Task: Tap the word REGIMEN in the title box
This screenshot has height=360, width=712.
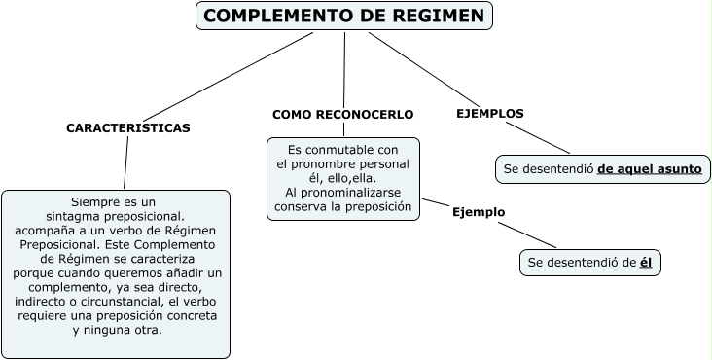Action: pos(428,16)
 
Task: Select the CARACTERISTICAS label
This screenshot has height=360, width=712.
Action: pos(127,127)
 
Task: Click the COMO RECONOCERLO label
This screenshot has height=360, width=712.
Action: pos(342,114)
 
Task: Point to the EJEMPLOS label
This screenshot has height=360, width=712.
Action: pos(489,113)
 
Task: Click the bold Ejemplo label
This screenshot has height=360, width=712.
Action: pos(479,212)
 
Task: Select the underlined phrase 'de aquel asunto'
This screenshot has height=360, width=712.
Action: pos(649,168)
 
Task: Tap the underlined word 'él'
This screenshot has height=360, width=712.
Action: pos(645,263)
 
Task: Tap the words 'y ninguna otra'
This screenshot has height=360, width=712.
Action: pos(117,330)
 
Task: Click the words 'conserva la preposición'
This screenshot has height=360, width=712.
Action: pos(343,206)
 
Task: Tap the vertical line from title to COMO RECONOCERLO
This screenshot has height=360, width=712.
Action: pos(344,68)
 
